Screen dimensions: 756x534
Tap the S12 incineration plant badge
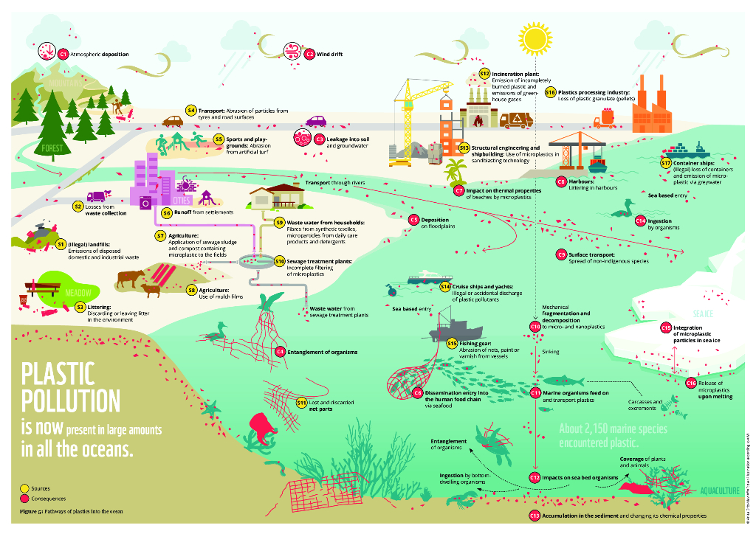point(484,74)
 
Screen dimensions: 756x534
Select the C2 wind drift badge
point(310,54)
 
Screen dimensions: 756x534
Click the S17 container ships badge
point(665,162)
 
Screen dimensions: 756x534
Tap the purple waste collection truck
point(97,197)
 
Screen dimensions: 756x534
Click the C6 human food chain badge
point(417,393)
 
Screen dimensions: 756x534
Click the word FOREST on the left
point(52,148)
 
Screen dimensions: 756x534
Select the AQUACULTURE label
point(719,491)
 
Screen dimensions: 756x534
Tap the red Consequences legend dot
point(24,498)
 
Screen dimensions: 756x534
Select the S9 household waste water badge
point(279,221)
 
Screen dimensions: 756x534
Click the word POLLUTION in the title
point(70,402)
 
